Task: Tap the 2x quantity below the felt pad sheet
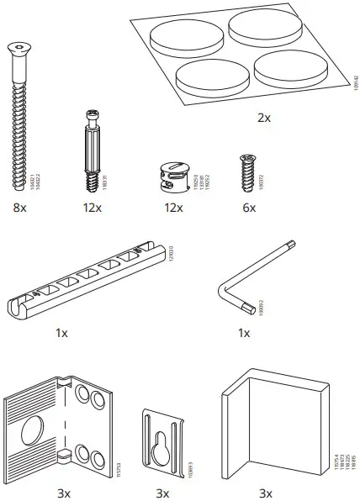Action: [263, 118]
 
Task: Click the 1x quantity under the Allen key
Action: [245, 334]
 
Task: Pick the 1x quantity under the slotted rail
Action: [61, 334]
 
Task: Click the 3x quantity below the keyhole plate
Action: [162, 492]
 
